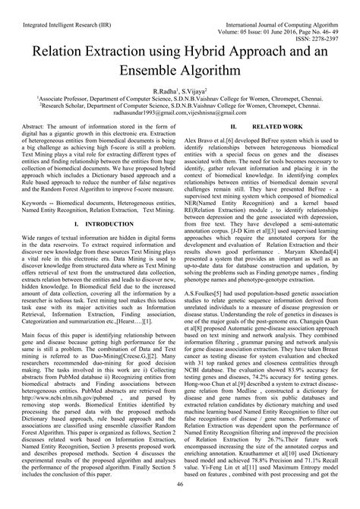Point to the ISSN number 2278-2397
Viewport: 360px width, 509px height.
click(x=337, y=22)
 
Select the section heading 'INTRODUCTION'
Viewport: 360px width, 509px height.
click(x=106, y=225)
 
